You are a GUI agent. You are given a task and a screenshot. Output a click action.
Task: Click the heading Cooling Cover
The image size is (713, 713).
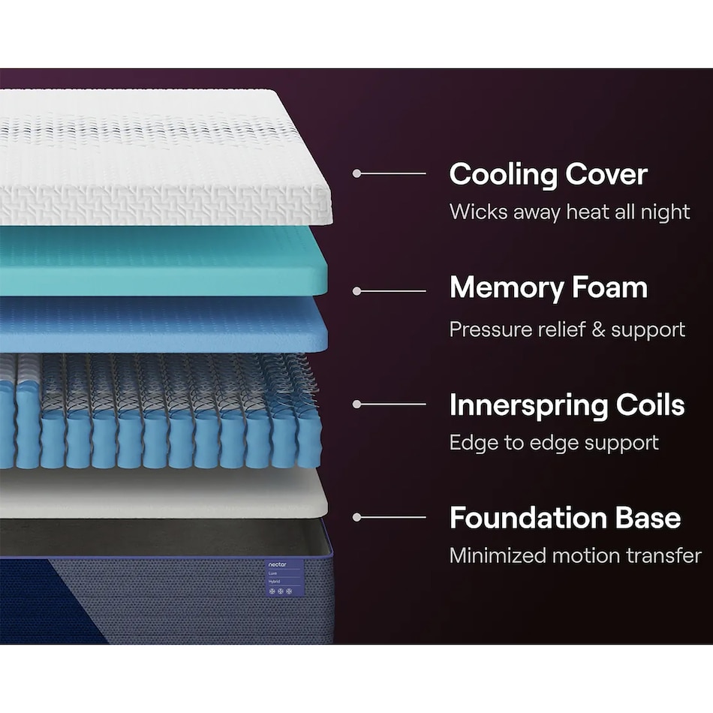(549, 174)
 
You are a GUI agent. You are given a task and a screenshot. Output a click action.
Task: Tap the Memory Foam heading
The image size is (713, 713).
(549, 288)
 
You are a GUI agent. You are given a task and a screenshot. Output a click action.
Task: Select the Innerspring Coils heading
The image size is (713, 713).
(567, 405)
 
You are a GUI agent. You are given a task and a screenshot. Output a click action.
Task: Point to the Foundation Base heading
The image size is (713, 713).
(565, 517)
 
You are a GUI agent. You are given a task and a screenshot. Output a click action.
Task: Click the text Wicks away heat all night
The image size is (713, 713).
(570, 212)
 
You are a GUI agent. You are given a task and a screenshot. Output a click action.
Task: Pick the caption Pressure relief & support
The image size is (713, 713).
(567, 329)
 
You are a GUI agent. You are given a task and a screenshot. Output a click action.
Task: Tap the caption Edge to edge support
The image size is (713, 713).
(554, 443)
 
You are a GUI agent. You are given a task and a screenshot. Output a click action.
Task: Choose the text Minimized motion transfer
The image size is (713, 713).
(575, 555)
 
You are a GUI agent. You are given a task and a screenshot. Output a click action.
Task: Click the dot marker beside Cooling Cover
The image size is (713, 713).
(357, 173)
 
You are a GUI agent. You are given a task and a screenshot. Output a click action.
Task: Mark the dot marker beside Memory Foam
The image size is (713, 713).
(357, 291)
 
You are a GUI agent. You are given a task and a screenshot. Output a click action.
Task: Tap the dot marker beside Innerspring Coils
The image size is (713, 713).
(357, 404)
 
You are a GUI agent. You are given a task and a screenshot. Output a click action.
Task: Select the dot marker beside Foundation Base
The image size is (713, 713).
(357, 517)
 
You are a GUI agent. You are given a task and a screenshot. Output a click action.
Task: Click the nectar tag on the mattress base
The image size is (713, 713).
(284, 578)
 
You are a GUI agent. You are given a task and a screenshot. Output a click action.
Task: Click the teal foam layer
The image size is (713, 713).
(164, 261)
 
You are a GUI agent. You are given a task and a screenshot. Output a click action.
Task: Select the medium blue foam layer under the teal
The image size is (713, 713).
(164, 323)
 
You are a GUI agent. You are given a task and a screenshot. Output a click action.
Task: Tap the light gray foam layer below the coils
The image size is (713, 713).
(164, 495)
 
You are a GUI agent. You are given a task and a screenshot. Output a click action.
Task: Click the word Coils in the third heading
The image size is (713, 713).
(650, 405)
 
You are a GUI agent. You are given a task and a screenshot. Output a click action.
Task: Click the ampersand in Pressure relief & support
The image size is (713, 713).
(598, 329)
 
